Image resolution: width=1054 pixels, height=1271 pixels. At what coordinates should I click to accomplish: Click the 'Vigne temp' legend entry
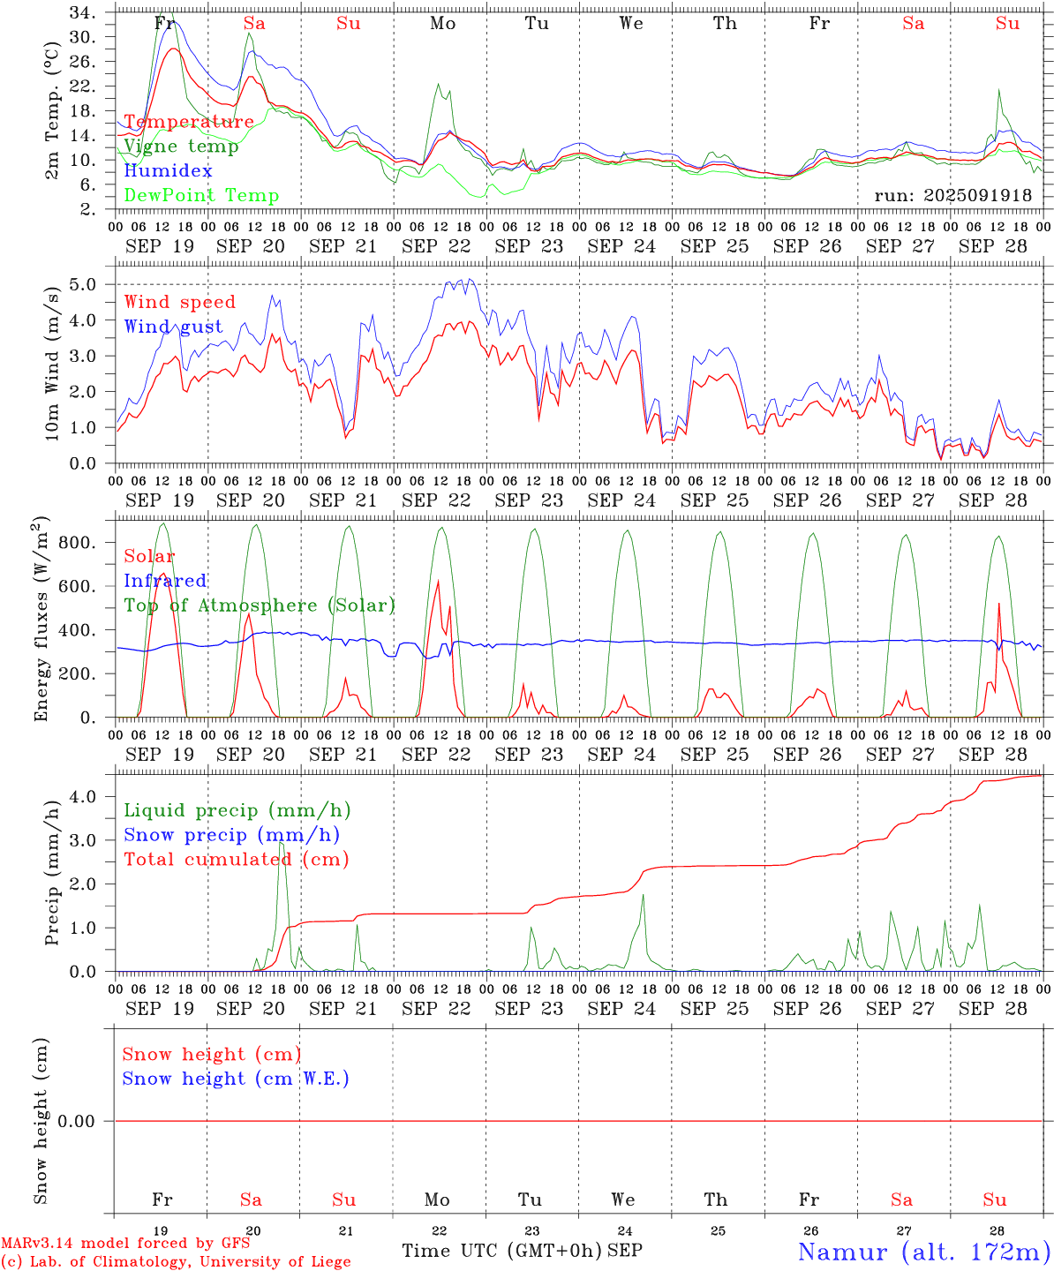point(181,147)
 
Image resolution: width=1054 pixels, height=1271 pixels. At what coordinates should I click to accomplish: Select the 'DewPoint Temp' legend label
point(201,196)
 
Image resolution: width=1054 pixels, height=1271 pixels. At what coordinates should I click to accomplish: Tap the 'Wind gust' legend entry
point(173,327)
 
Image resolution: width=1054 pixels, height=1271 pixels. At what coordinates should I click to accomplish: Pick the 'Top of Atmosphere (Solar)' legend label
point(260,605)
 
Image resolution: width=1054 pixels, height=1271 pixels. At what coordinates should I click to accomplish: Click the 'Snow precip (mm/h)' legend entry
point(231,835)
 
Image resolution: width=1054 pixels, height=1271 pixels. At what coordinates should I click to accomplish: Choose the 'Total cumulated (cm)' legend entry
point(236,859)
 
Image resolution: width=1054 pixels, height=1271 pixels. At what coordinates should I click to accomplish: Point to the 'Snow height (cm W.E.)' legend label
point(236,1079)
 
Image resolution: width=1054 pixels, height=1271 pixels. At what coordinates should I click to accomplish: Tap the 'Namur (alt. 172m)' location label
point(923,1252)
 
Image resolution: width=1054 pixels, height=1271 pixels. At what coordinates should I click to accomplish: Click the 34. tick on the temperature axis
point(82,13)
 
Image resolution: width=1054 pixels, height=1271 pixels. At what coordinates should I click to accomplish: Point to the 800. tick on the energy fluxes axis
point(76,543)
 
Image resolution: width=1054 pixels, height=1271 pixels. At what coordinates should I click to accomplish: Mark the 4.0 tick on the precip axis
point(88,797)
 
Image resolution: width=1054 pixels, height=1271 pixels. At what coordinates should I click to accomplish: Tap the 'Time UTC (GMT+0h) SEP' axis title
point(522,1251)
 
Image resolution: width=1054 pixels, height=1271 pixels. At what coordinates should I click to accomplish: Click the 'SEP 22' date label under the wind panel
point(436,500)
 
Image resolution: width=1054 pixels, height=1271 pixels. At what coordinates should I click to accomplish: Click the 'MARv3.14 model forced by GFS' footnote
point(125,1244)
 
